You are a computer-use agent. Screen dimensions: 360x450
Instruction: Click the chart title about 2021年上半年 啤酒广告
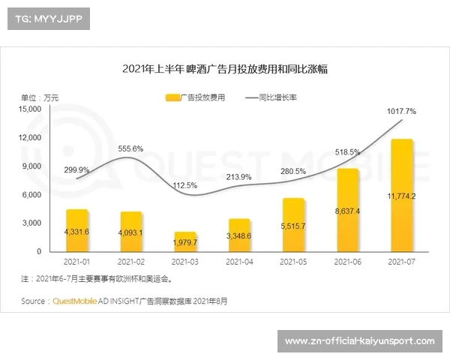coord(225,69)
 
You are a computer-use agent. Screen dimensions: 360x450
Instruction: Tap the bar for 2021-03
coord(184,241)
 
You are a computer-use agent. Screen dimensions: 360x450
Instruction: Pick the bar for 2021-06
coord(347,210)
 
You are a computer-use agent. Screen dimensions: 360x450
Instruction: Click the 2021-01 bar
coord(77,230)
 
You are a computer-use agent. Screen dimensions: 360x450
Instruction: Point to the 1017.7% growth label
coord(401,111)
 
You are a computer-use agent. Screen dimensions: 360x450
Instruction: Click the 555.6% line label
coord(130,148)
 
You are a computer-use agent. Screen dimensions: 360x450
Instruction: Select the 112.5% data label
coord(184,185)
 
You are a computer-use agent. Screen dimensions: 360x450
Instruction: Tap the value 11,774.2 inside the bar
coord(401,196)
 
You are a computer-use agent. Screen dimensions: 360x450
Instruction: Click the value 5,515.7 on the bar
coord(293,226)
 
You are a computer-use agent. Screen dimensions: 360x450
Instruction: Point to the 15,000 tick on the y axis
coord(31,109)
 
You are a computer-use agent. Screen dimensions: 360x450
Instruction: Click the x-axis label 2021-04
coord(238,262)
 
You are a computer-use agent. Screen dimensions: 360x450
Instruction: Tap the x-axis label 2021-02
coord(130,262)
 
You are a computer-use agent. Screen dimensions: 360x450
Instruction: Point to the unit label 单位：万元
coord(39,97)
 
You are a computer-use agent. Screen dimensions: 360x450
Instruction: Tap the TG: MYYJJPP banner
coord(47,18)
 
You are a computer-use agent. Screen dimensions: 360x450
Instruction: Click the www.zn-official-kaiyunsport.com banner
coord(360,342)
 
